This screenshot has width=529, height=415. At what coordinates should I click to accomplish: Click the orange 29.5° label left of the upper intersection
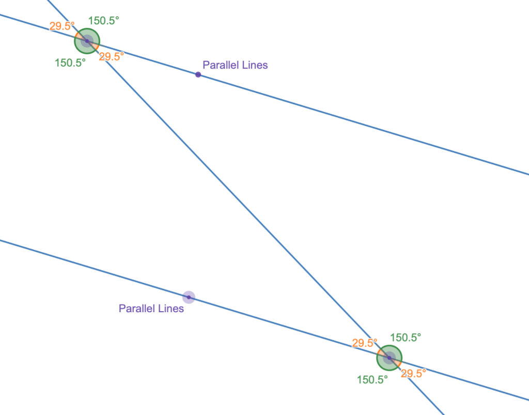(x=63, y=26)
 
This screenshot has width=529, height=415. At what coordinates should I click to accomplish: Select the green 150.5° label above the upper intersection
(x=103, y=21)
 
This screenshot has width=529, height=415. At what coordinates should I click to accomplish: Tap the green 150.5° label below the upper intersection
(x=70, y=63)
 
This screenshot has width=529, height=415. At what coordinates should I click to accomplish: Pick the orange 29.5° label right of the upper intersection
(x=111, y=57)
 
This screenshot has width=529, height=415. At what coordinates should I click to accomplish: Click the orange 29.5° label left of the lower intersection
(x=365, y=343)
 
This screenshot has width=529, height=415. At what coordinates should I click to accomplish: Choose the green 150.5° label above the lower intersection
(x=406, y=337)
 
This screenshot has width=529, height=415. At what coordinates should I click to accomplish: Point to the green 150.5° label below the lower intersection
(x=372, y=379)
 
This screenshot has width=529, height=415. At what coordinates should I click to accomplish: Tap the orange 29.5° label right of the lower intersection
(x=414, y=373)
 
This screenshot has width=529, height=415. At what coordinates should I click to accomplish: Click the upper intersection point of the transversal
(x=87, y=41)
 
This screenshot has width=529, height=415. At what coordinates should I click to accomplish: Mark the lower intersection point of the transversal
(x=389, y=357)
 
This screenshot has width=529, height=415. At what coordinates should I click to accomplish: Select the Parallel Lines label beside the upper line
(x=235, y=66)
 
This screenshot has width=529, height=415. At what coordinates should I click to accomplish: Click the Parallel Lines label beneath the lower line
(x=151, y=309)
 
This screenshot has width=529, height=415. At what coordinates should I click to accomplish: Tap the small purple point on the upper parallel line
(x=198, y=74)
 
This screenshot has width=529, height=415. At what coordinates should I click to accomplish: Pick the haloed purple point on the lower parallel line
(x=189, y=297)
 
